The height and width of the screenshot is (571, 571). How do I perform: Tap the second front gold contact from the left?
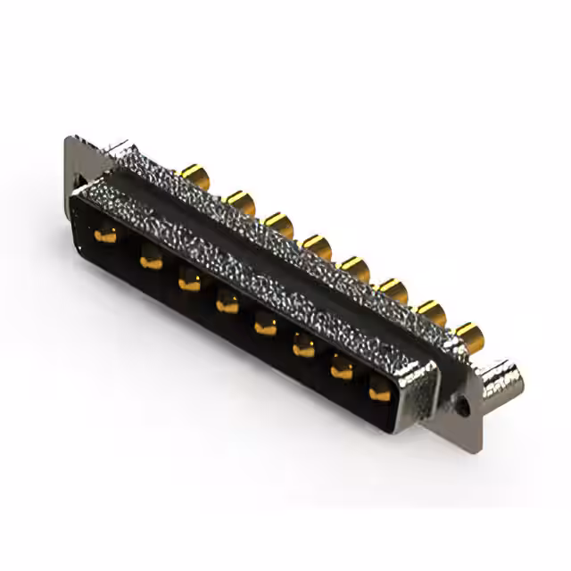click(150, 261)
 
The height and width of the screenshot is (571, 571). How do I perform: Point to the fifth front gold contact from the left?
click(265, 327)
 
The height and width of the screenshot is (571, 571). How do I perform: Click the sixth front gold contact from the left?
click(303, 348)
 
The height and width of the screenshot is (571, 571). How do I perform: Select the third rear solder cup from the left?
click(278, 223)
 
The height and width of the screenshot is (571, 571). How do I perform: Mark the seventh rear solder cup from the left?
click(431, 312)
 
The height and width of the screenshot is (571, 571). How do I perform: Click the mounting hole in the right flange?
click(463, 404)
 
